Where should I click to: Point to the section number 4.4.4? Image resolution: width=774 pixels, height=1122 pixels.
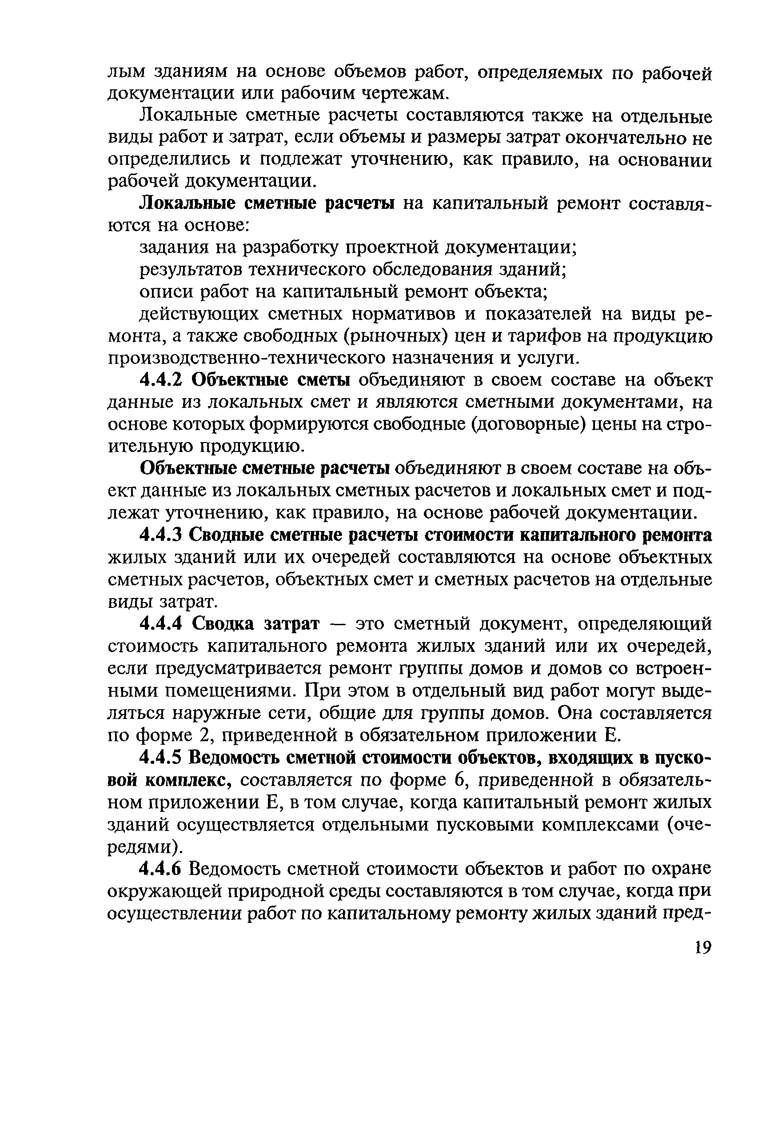click(160, 623)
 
